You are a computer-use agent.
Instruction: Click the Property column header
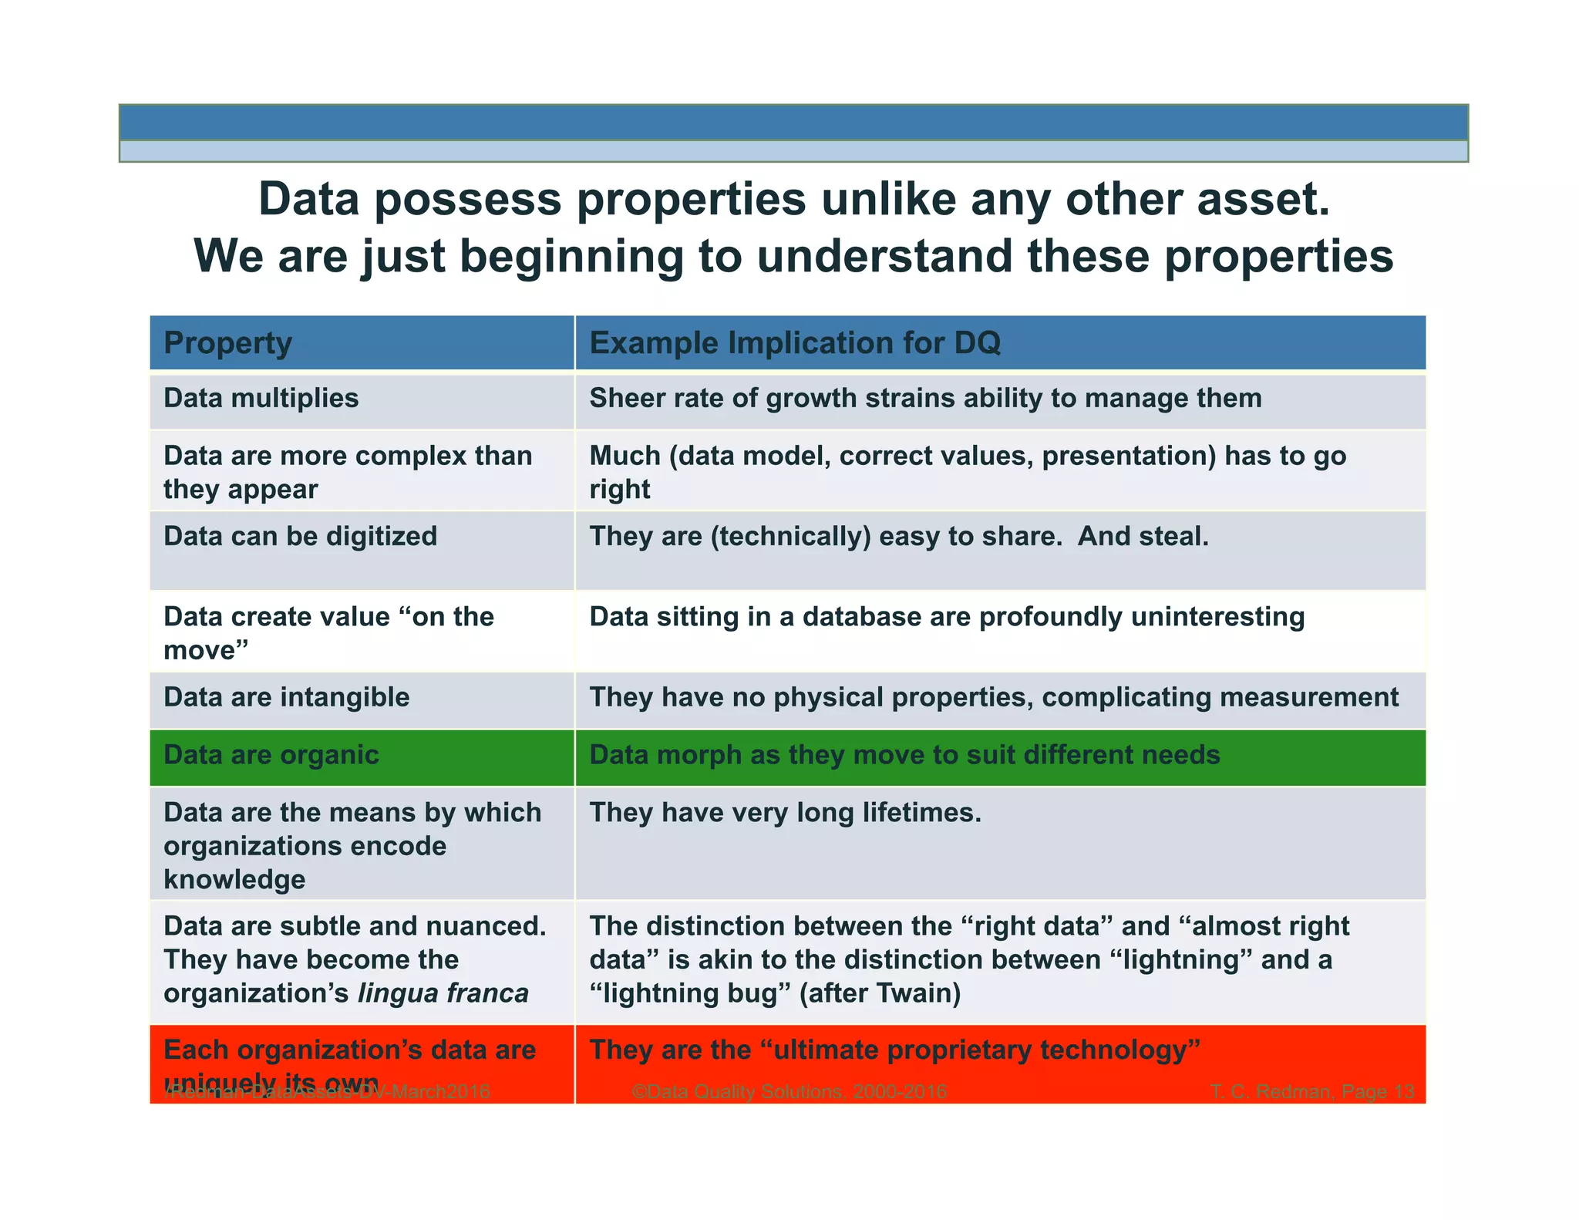pyautogui.click(x=227, y=343)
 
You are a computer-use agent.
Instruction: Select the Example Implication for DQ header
pyautogui.click(x=794, y=343)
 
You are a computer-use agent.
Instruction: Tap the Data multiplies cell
pyautogui.click(x=261, y=399)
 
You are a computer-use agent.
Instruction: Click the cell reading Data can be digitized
pyautogui.click(x=300, y=537)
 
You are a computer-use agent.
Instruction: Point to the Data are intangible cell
pyautogui.click(x=286, y=698)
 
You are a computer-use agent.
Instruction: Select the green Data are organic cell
pyautogui.click(x=271, y=755)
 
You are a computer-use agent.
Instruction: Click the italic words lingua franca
pyautogui.click(x=443, y=993)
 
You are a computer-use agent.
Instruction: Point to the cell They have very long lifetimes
pyautogui.click(x=785, y=813)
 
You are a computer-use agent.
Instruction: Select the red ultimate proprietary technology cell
pyautogui.click(x=894, y=1050)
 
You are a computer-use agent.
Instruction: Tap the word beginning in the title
pyautogui.click(x=571, y=256)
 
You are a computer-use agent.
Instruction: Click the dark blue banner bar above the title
pyautogui.click(x=793, y=123)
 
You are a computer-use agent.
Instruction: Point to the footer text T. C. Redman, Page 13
pyautogui.click(x=1311, y=1092)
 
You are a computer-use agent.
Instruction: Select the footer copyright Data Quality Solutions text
pyautogui.click(x=788, y=1092)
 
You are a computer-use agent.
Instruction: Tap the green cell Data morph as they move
pyautogui.click(x=904, y=755)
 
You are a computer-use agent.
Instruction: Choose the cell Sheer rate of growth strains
pyautogui.click(x=925, y=399)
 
